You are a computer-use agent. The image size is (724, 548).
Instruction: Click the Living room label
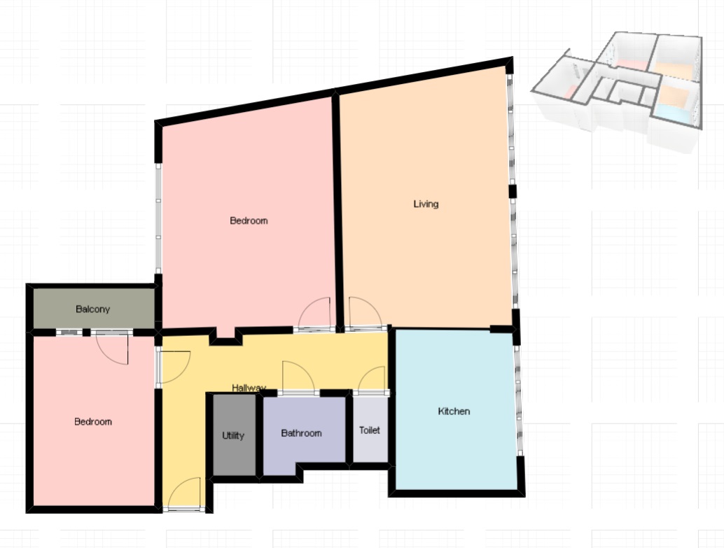426,204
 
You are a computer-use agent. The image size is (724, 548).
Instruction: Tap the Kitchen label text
454,412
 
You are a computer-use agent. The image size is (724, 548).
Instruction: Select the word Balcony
93,309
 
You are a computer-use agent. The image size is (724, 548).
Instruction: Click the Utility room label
233,435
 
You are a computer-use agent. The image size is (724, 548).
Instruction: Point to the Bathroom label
302,433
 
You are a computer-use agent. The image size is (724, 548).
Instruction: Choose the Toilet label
370,430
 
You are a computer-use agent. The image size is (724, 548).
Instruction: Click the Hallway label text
249,388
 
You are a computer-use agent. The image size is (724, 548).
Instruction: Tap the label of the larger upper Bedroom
249,220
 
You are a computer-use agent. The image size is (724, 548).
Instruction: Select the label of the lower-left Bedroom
93,421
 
